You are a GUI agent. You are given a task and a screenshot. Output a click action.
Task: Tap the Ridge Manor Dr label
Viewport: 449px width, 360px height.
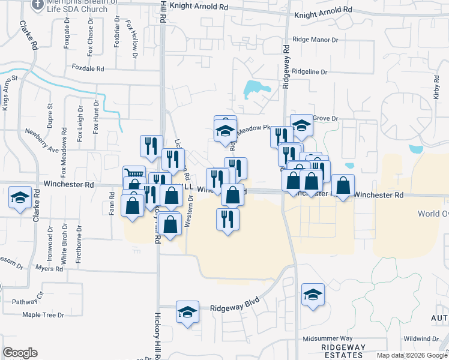click(316, 40)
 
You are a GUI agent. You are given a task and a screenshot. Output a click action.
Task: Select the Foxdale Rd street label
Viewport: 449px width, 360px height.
click(88, 68)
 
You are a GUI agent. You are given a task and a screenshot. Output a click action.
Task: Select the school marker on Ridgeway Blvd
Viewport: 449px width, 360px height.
click(187, 313)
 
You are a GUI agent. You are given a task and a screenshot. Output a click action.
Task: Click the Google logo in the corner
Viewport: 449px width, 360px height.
click(20, 352)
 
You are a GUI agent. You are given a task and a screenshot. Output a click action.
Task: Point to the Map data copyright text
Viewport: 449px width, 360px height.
click(412, 355)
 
